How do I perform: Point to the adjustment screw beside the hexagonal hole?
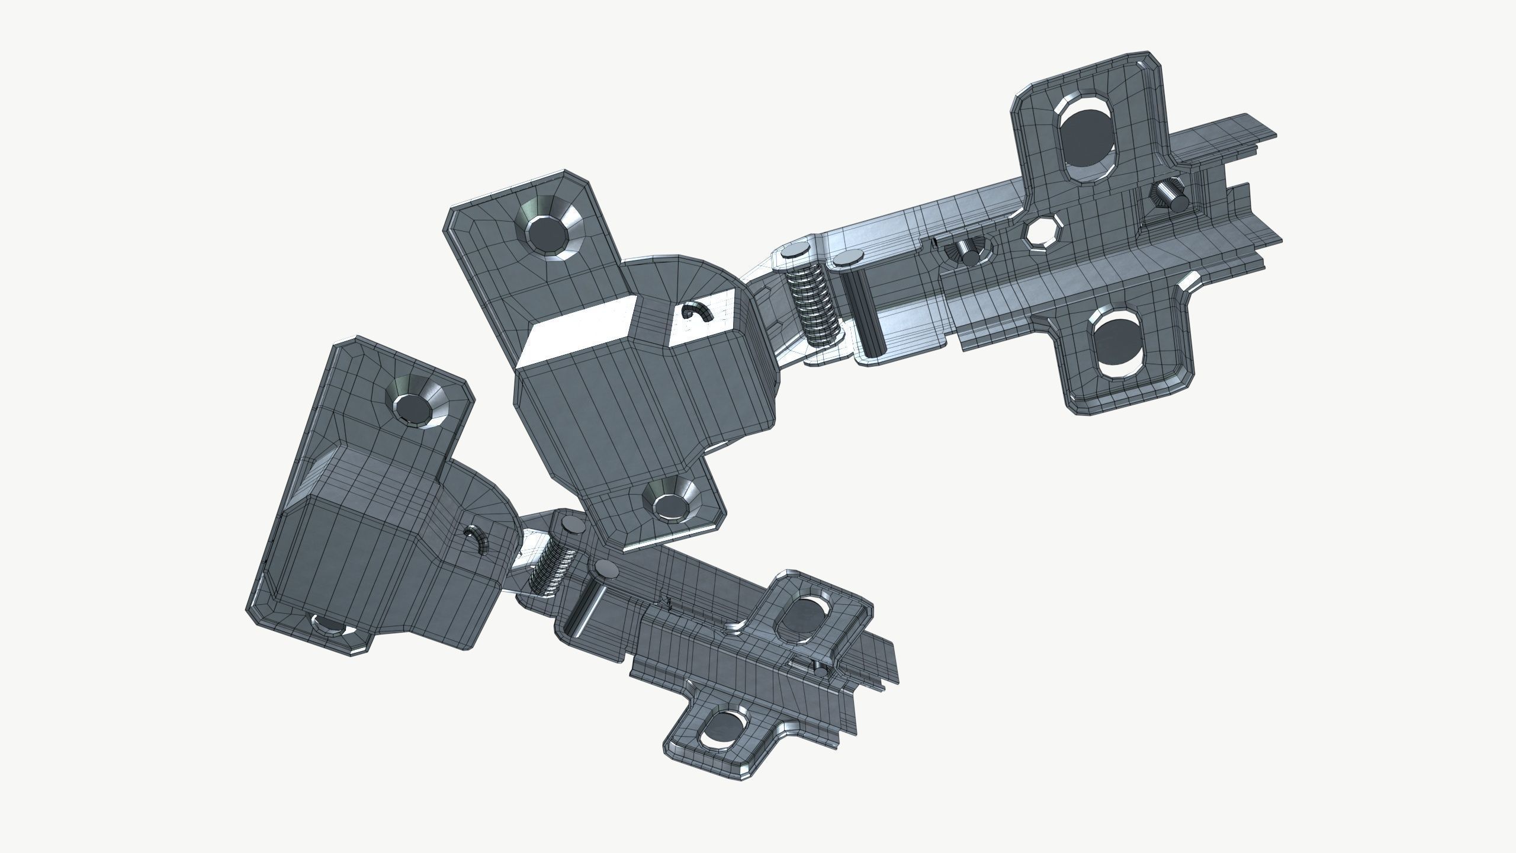(x=968, y=252)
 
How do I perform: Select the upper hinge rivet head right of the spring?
(x=849, y=258)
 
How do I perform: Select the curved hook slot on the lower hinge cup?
(x=477, y=537)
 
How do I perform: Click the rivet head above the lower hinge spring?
(x=572, y=524)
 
